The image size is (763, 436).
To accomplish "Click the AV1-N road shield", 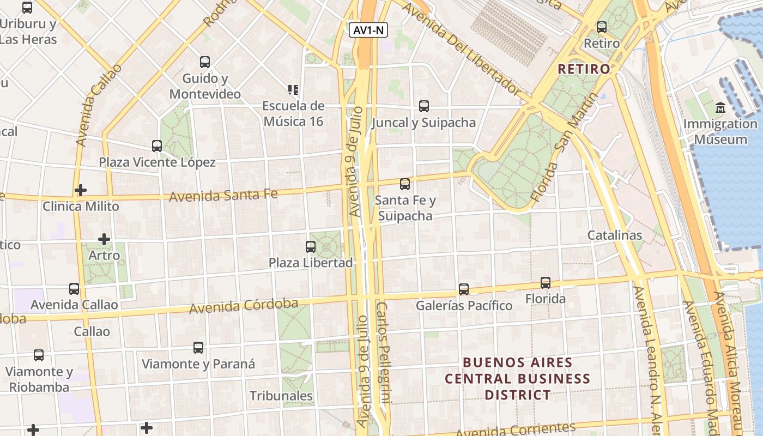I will pos(368,30).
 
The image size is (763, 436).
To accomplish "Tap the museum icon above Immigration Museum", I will pos(721,107).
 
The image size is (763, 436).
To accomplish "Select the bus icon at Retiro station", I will pos(602,27).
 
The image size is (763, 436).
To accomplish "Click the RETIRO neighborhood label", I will pos(584,69).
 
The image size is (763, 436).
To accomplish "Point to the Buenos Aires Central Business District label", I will pos(517,378).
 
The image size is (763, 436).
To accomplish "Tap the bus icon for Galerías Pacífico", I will pos(464,289).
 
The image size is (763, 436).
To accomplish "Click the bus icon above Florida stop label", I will pos(546,282).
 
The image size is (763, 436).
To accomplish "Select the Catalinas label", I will pos(614,235).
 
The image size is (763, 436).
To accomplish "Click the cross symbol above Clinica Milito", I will pos(81,190).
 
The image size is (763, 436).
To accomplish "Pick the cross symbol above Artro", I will pos(104,239).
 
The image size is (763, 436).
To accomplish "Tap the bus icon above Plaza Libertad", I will pos(311,246).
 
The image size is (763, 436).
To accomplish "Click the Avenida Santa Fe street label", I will pos(223,195).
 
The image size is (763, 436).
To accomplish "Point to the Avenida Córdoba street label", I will pos(244,305).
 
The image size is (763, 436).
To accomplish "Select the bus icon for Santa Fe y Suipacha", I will pos(405,184).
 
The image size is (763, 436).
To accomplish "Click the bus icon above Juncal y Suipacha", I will pos(424,106).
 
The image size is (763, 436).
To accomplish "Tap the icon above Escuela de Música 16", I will pos(293,89).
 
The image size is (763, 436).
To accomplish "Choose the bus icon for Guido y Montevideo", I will pos(205,62).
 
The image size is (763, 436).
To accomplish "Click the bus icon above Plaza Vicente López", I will pos(157,146).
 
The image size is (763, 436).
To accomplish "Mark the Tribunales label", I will pos(281,396).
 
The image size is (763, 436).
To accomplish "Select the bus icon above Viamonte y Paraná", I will pos(198,347).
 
